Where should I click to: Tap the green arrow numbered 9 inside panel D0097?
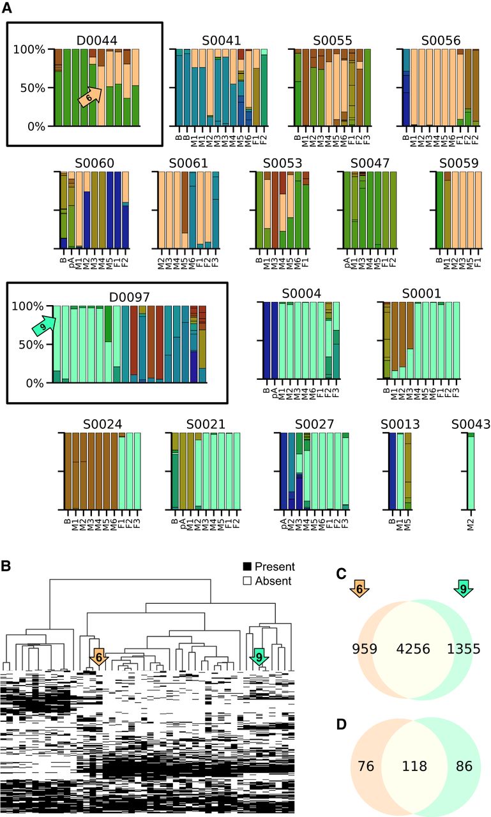pyautogui.click(x=43, y=327)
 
